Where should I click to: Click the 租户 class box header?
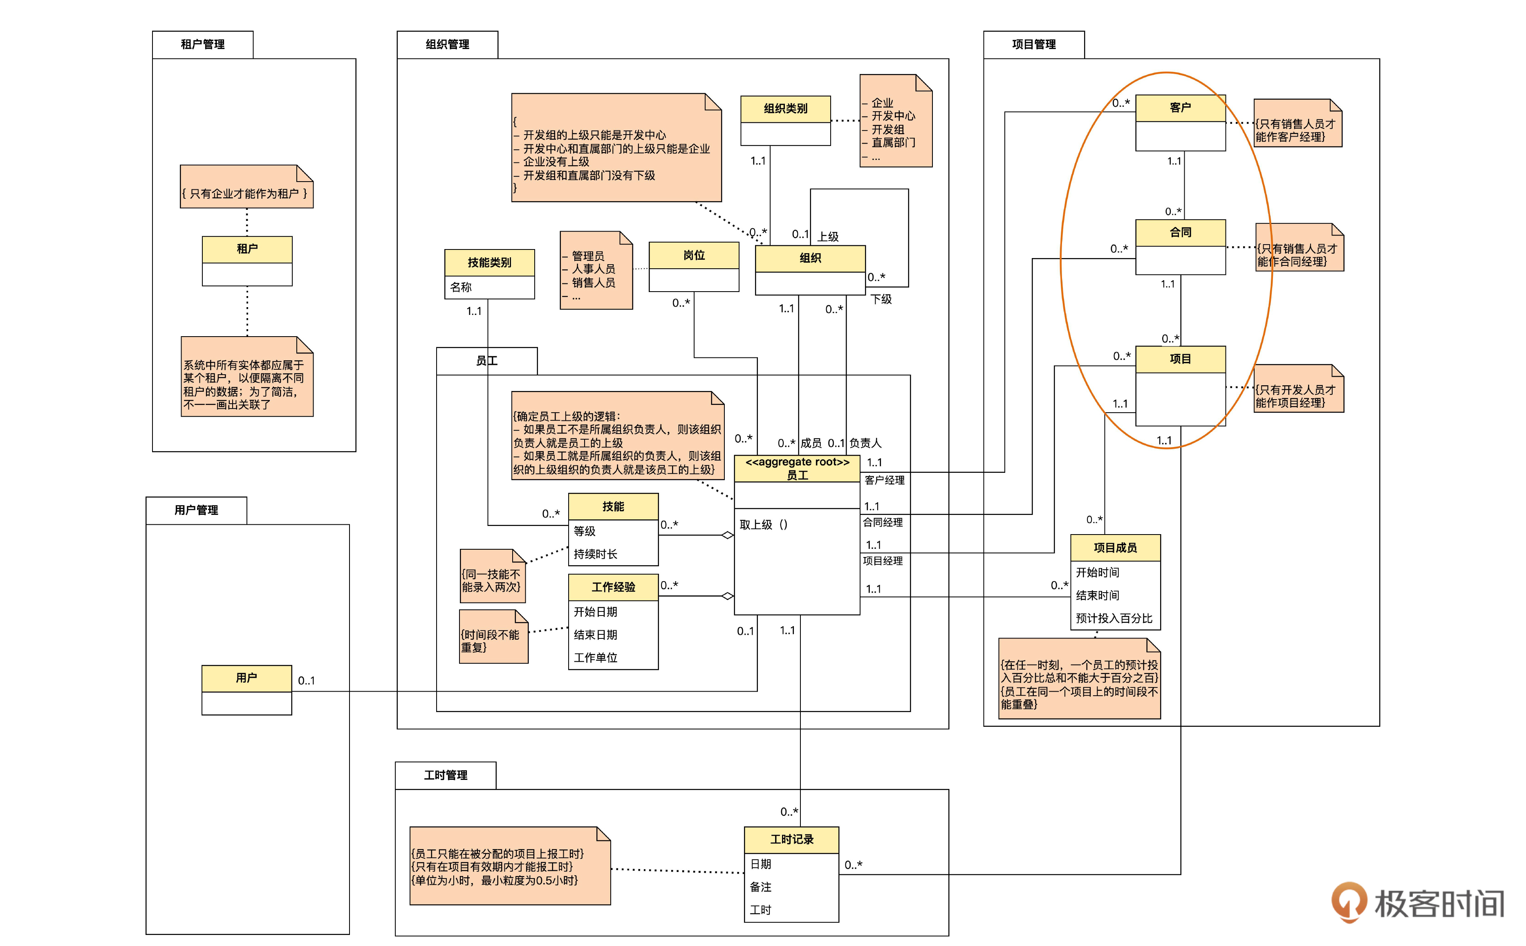coord(247,249)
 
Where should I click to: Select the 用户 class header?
coord(246,678)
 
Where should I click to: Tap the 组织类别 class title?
coord(785,109)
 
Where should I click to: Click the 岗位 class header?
coord(694,255)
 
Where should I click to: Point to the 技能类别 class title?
coord(489,263)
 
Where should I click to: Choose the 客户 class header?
coord(1180,108)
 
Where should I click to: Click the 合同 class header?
coord(1180,233)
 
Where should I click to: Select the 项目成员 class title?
coord(1115,548)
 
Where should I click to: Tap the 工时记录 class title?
coord(791,840)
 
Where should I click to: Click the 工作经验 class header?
coord(613,587)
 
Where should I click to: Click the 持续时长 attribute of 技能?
coord(595,554)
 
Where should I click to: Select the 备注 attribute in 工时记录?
coord(760,887)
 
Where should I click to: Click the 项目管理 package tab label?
coord(1033,45)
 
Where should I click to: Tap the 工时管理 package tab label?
coord(445,775)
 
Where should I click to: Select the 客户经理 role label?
coord(884,481)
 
